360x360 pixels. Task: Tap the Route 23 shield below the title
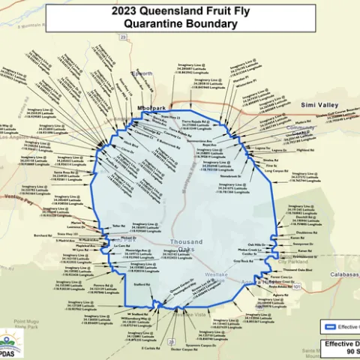pos(124,35)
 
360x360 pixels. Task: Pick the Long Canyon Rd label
pos(277,170)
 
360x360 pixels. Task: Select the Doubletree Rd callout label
pos(298,232)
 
